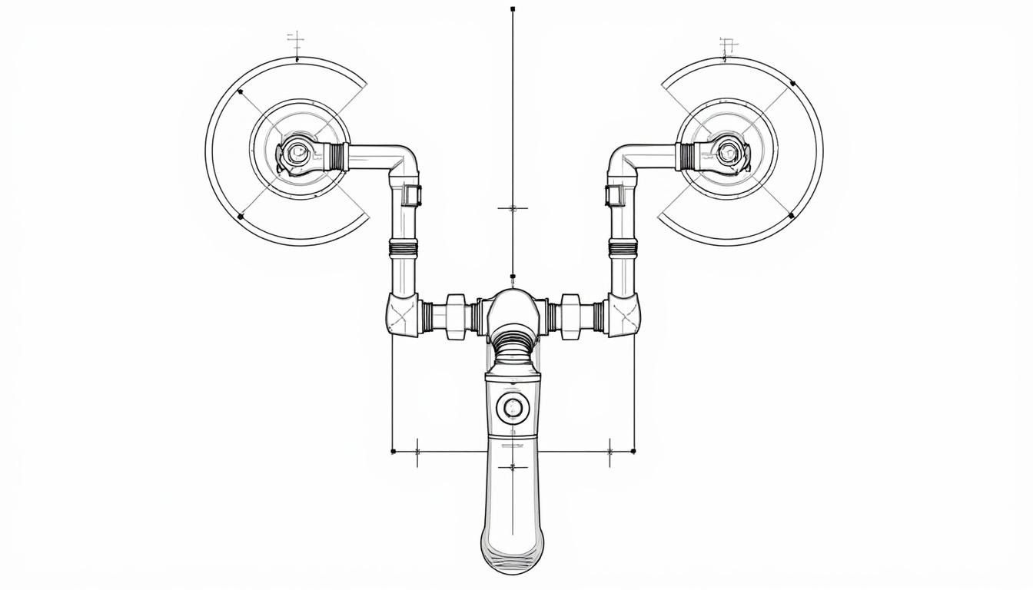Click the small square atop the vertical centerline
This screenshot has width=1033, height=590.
click(513, 9)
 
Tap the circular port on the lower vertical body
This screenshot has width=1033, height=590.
click(513, 406)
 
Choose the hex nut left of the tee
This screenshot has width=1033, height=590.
click(456, 315)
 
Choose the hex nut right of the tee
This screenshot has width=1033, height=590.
click(570, 315)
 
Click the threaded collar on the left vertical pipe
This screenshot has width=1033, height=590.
click(404, 247)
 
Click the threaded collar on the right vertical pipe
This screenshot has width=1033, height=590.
click(623, 247)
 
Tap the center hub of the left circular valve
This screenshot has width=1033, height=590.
click(297, 154)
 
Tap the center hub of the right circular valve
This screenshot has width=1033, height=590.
click(728, 154)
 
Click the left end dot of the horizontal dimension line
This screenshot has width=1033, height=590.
click(393, 451)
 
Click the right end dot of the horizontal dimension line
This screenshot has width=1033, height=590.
click(633, 451)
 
